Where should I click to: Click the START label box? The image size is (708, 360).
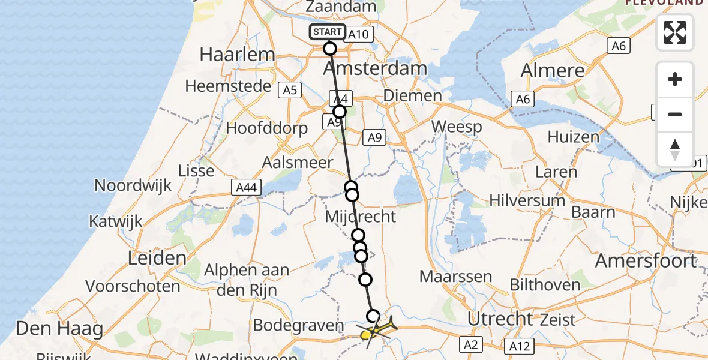point(328,32)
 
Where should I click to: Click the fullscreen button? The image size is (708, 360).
point(675,32)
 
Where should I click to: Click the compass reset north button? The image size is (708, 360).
point(675,149)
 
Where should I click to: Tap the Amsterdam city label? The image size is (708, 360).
point(375,68)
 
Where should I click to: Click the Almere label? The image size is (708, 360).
point(552,71)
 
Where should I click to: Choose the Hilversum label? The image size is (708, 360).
point(527,200)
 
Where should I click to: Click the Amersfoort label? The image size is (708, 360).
point(645,261)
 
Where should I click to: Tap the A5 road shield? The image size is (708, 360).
point(290,90)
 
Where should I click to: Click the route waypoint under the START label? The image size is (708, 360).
point(329,48)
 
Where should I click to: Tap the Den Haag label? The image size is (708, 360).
point(59,329)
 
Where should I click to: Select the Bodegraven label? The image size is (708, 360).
point(298,325)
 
